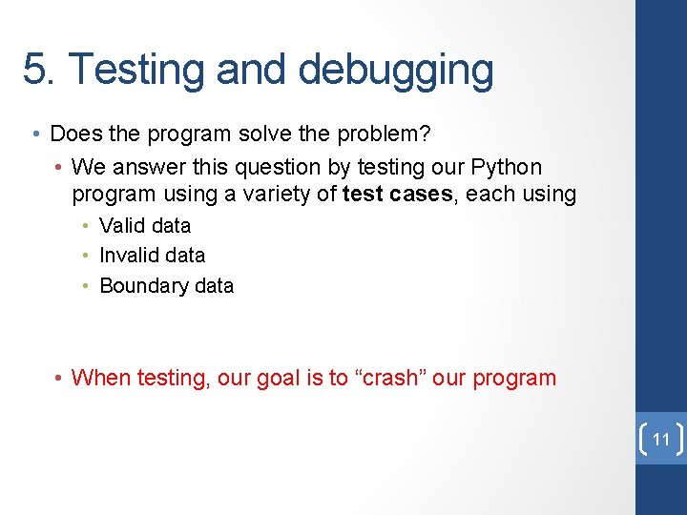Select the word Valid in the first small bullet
(x=122, y=226)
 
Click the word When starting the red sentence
(x=101, y=378)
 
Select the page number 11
(x=660, y=440)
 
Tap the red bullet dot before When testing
(x=59, y=379)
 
